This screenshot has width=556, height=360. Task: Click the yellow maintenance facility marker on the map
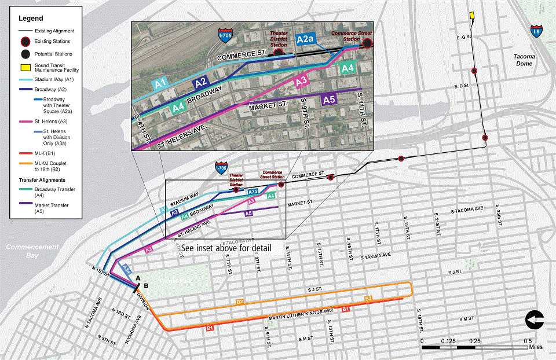click(x=472, y=15)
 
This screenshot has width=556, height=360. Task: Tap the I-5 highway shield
click(x=537, y=31)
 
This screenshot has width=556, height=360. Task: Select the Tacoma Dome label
click(x=524, y=60)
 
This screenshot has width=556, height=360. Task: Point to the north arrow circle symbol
click(x=534, y=319)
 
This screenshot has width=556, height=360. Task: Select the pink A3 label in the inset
click(x=301, y=82)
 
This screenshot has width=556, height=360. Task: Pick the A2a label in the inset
click(x=305, y=39)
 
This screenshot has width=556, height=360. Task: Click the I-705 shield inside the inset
click(x=225, y=34)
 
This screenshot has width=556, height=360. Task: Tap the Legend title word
click(x=31, y=19)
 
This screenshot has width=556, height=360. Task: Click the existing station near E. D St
click(x=474, y=71)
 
